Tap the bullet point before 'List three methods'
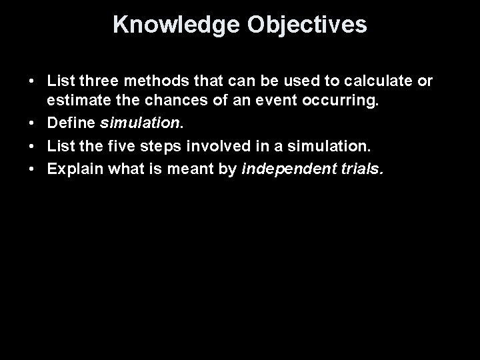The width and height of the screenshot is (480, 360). pos(31,81)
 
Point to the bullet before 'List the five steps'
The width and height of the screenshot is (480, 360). pos(31,146)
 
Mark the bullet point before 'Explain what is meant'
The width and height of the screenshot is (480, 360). pos(31,169)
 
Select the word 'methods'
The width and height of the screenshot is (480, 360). pos(141,81)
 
